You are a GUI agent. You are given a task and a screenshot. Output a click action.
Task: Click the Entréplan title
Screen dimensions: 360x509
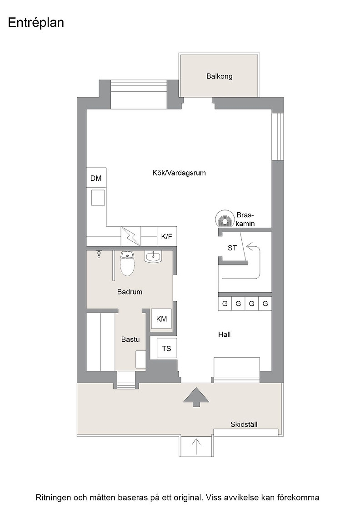pos(36,23)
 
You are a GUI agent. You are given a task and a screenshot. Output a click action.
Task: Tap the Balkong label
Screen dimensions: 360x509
pos(220,76)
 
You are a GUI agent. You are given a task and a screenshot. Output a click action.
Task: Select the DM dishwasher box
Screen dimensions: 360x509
pos(96,178)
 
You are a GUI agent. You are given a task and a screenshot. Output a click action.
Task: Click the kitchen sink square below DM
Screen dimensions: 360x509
pos(98,198)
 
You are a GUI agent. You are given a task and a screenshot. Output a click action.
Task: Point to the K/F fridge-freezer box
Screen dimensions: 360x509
pos(167,236)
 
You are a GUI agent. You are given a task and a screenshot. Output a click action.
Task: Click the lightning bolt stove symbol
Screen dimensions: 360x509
pos(131,236)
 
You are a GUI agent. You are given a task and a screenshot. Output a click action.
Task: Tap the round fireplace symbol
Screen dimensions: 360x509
pos(224,218)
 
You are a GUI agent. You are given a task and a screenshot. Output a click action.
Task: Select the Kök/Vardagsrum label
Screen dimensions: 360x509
pos(179,173)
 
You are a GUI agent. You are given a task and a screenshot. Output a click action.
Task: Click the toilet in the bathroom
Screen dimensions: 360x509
pos(127,263)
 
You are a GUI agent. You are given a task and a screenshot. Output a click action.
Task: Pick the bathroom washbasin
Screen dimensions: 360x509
pos(153,257)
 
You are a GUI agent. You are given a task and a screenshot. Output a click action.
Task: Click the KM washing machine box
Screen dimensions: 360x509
pos(161,319)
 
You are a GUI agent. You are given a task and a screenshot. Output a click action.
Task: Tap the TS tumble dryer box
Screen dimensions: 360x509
pos(166,348)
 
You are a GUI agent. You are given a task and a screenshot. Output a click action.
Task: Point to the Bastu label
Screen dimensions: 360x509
pos(130,339)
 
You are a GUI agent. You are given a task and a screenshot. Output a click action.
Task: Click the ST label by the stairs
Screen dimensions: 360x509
pos(232,248)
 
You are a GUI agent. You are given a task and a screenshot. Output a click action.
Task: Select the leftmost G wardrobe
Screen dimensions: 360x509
pos(225,304)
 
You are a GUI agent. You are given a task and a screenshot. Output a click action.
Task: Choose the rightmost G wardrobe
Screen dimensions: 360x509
pos(265,304)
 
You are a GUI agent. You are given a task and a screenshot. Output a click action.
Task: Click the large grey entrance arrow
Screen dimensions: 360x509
pos(196,397)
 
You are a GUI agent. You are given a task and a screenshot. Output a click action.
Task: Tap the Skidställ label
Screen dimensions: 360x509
pos(244,424)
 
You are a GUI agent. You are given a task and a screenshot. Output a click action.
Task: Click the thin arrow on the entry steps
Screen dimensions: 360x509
pos(196,447)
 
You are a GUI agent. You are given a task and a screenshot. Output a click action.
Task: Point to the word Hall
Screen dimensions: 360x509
pos(224,334)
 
